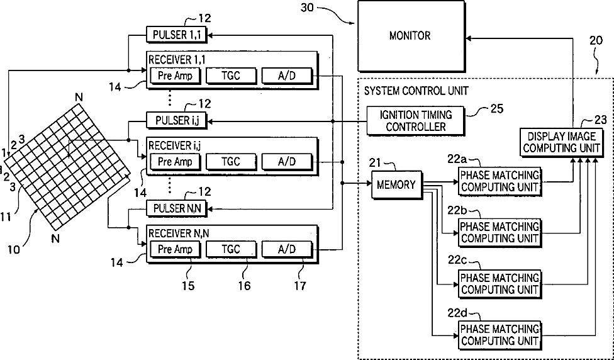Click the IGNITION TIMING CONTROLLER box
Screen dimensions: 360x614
[416, 120]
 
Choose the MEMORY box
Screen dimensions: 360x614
[396, 184]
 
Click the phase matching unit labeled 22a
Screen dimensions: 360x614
[500, 181]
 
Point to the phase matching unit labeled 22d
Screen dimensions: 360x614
[500, 335]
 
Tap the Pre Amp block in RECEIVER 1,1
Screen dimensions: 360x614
[175, 76]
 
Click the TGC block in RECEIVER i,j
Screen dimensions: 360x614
[231, 162]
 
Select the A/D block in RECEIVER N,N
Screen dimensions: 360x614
[287, 249]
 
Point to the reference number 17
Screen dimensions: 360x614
[301, 286]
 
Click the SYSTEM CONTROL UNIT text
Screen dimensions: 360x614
[416, 91]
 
